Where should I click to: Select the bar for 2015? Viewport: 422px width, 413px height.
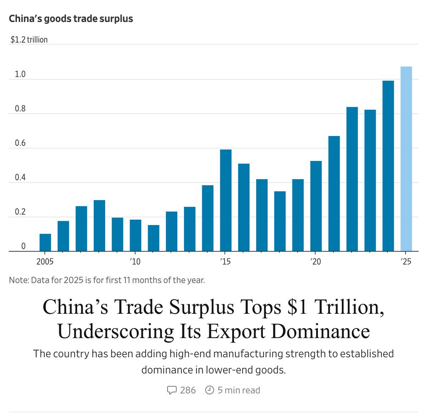pos(226,201)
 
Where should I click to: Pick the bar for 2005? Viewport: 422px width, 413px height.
pos(45,242)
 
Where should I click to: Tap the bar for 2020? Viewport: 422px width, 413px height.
pos(316,206)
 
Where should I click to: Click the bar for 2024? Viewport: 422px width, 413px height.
pos(388,166)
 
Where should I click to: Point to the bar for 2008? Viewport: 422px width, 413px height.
pos(99,226)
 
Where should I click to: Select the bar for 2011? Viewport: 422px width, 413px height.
pos(154,238)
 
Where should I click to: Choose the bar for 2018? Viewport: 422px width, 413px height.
pos(280,221)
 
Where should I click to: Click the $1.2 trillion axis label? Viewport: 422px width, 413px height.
pos(29,40)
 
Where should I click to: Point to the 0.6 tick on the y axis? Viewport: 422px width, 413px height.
pos(20,143)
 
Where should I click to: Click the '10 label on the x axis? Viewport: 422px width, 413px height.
pos(135,262)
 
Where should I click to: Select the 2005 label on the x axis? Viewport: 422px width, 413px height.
pos(45,262)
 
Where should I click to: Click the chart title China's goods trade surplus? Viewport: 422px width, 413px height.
pos(71,19)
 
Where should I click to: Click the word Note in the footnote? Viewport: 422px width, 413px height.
pos(18,280)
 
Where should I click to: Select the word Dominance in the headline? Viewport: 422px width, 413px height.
pos(321,331)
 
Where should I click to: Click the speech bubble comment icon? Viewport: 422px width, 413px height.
pos(172,390)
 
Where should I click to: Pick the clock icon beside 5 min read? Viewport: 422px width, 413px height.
pos(209,390)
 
